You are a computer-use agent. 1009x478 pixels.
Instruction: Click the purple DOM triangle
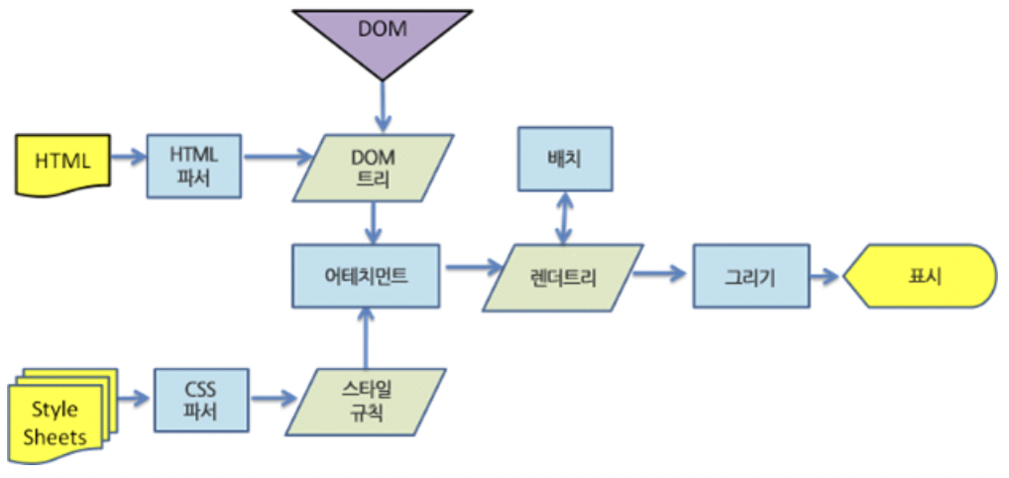point(382,35)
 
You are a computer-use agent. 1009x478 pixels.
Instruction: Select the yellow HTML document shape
point(61,163)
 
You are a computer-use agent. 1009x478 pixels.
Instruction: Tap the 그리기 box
point(748,277)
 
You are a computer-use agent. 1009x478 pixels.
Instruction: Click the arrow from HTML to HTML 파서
point(128,157)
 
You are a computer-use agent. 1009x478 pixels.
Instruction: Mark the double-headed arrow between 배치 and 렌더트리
point(564,218)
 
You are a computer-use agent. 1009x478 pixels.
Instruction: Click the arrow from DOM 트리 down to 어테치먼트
point(374,220)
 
